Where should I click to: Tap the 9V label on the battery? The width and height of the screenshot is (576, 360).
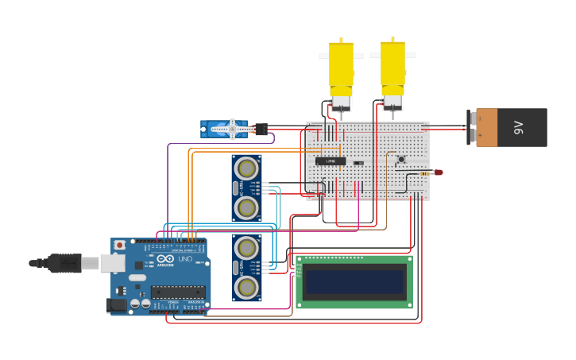tap(520, 127)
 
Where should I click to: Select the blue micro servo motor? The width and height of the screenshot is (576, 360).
tap(226, 128)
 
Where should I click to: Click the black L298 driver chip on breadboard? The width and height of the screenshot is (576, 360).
tap(331, 161)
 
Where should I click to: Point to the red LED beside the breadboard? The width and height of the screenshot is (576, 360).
tap(438, 172)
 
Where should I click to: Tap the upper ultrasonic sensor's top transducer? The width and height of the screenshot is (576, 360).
tap(247, 168)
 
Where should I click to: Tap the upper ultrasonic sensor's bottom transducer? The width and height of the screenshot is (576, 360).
tap(247, 208)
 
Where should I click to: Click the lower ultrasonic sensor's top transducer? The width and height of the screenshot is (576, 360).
tap(247, 247)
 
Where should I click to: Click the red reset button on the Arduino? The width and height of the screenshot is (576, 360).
tap(119, 246)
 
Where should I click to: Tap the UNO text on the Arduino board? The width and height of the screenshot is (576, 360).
tap(184, 259)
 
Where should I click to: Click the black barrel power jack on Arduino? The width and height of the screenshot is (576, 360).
tap(116, 304)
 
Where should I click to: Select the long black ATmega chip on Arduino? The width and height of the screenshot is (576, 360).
tap(177, 292)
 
